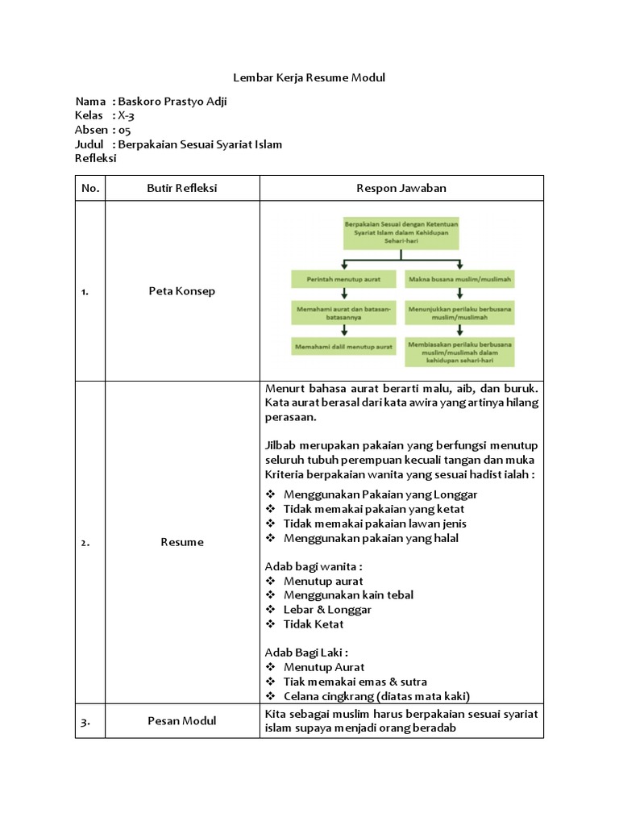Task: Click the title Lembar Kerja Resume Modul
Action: click(309, 78)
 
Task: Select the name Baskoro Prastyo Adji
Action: click(178, 102)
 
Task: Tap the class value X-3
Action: click(120, 116)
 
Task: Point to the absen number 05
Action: click(123, 130)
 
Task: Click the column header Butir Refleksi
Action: click(182, 188)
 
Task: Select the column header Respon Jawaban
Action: click(401, 188)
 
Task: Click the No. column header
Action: click(90, 188)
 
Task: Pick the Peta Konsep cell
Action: click(182, 291)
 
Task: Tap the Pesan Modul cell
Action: click(182, 721)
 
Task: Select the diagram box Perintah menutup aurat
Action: click(343, 279)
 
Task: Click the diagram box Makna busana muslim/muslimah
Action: click(459, 279)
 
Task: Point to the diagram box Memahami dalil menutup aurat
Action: click(343, 346)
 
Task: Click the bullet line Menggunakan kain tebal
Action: click(348, 595)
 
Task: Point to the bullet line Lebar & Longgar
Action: click(327, 610)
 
